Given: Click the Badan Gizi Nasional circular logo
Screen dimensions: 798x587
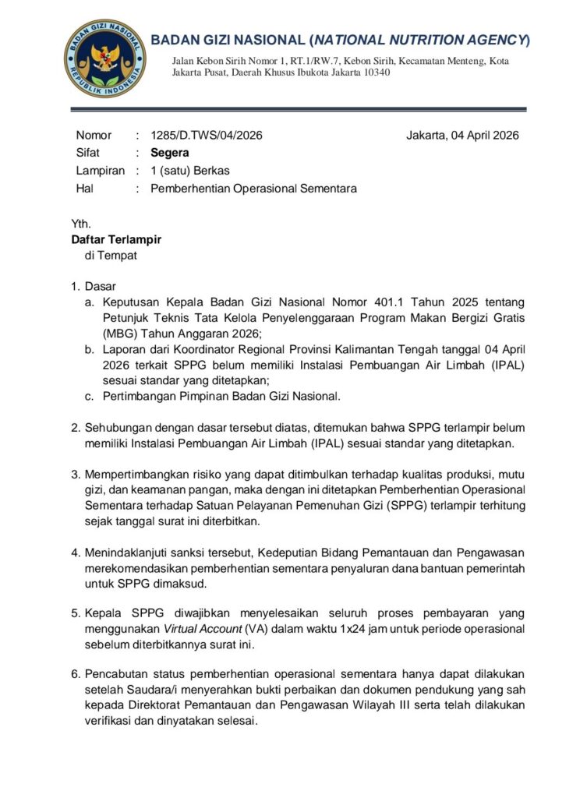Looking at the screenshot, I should [x=104, y=58].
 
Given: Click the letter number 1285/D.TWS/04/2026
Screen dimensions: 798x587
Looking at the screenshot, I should [x=207, y=135].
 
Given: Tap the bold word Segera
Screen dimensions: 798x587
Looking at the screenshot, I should [x=170, y=153].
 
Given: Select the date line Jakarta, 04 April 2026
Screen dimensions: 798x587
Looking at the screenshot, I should [x=462, y=135].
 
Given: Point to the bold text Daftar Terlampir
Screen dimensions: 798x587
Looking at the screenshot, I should [x=116, y=240].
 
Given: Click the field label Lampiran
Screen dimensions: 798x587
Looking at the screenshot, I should [x=100, y=171].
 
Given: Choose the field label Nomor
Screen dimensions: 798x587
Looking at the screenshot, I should [x=94, y=135].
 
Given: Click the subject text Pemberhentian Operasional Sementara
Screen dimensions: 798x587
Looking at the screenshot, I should [x=253, y=189].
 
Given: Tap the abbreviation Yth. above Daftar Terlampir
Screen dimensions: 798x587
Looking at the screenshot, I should [x=81, y=224].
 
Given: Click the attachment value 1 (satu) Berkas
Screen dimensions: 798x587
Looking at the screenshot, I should [x=190, y=171].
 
